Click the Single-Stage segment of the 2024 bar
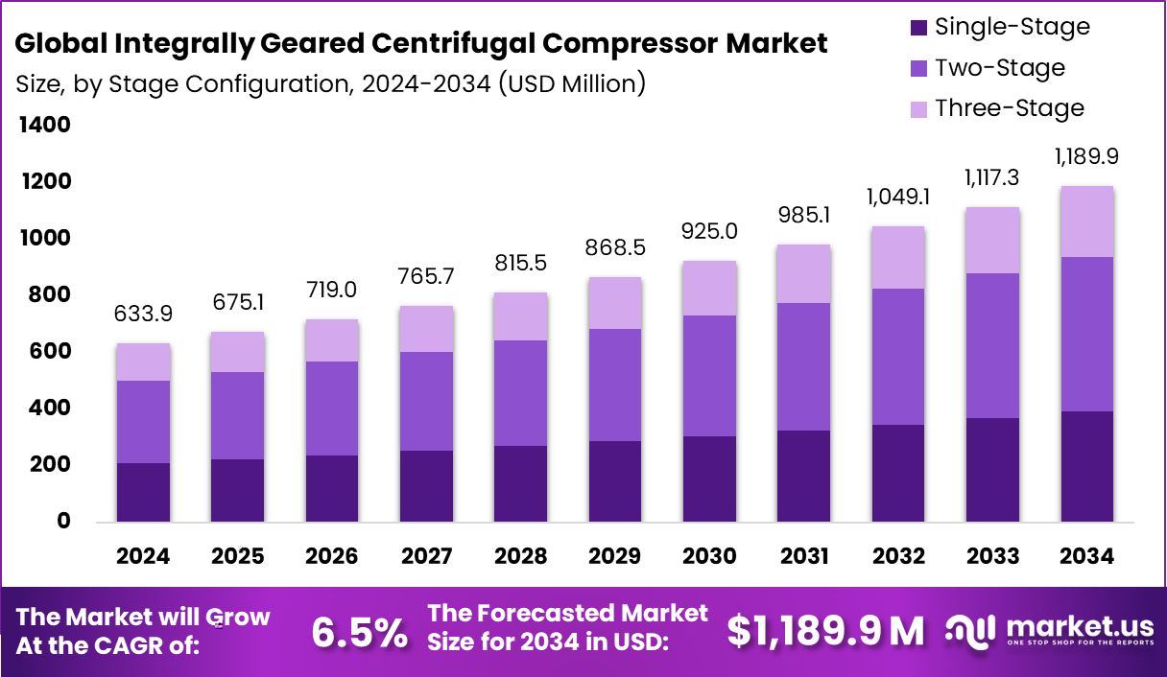(x=144, y=492)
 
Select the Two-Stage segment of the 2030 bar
(x=710, y=376)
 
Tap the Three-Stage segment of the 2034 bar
(x=1087, y=222)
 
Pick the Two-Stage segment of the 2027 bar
(x=427, y=401)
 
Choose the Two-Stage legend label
(x=999, y=68)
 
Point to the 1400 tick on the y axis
(x=43, y=125)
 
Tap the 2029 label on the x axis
(x=615, y=557)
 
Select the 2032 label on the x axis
(x=898, y=557)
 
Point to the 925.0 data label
(x=710, y=231)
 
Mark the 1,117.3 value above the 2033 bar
(x=993, y=177)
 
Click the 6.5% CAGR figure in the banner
(x=359, y=632)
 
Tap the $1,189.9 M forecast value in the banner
(x=825, y=631)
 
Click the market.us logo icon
(x=972, y=630)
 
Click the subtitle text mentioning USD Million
(x=330, y=83)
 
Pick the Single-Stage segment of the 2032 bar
(x=898, y=473)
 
